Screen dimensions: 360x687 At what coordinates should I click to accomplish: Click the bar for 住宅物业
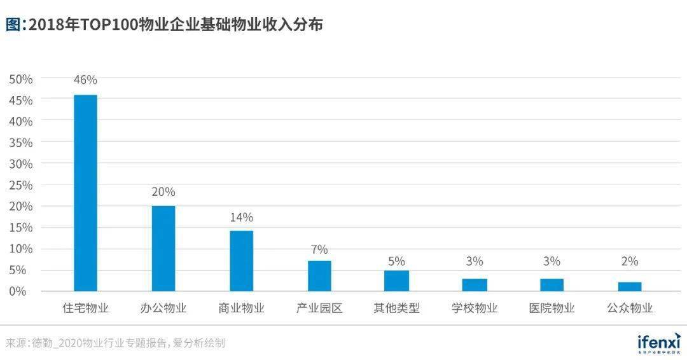[86, 193]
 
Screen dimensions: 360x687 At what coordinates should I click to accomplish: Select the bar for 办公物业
[163, 248]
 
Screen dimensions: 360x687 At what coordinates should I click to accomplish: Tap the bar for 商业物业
[242, 261]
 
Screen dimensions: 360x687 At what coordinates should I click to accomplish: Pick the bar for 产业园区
[319, 275]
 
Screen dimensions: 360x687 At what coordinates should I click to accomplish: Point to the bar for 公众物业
[630, 286]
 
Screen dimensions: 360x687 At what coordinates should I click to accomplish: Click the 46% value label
[86, 80]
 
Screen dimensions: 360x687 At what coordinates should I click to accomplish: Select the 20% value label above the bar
[163, 191]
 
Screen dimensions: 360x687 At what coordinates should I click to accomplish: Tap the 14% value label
[242, 218]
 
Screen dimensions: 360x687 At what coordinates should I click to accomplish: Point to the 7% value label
[319, 249]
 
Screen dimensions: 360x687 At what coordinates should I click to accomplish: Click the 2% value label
[630, 261]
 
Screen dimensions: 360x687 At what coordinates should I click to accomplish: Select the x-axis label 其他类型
[397, 308]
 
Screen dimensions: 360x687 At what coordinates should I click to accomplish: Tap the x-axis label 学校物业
[475, 308]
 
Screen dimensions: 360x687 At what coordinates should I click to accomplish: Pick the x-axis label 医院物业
[552, 308]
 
